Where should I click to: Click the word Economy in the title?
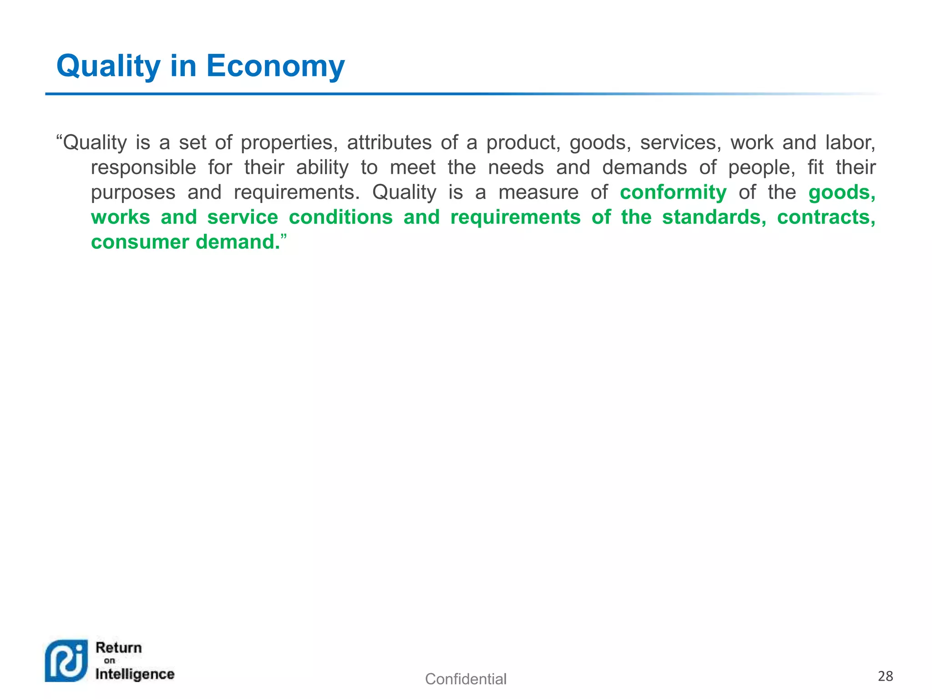[275, 66]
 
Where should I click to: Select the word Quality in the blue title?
[108, 66]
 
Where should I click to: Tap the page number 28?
[885, 676]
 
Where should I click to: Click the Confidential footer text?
[466, 679]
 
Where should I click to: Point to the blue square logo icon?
[66, 661]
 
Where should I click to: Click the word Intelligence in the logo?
[135, 674]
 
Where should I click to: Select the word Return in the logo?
[119, 648]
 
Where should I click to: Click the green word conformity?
[673, 192]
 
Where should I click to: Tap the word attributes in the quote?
[389, 143]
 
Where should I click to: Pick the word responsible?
[143, 167]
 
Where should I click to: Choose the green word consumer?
[140, 242]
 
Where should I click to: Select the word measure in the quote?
[538, 192]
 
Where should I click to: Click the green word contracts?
[826, 217]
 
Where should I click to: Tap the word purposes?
[133, 192]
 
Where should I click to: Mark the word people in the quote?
[762, 167]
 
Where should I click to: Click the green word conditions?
[340, 217]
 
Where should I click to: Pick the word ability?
[322, 167]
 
